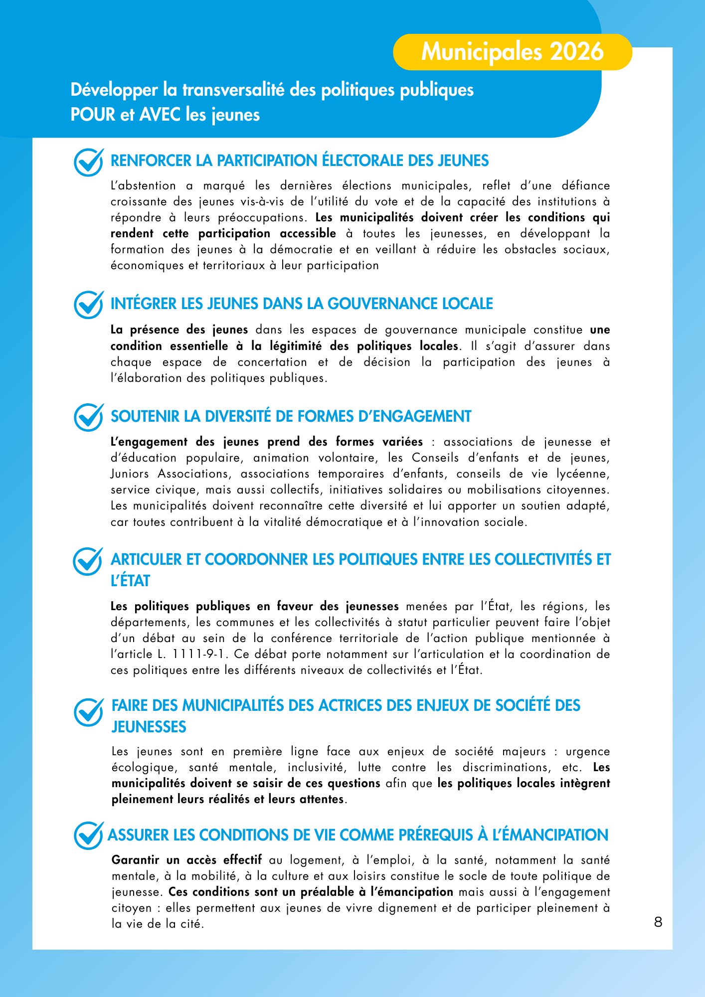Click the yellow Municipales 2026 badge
(512, 52)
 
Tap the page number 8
(658, 922)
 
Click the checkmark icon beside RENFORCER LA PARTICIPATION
(88, 162)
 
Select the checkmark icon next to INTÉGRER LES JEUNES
(88, 305)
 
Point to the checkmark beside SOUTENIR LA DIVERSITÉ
(88, 417)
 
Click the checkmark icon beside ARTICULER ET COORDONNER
(88, 561)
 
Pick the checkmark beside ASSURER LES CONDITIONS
(88, 835)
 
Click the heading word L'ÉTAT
(130, 581)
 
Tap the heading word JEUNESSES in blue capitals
(149, 727)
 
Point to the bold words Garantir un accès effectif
(186, 860)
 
